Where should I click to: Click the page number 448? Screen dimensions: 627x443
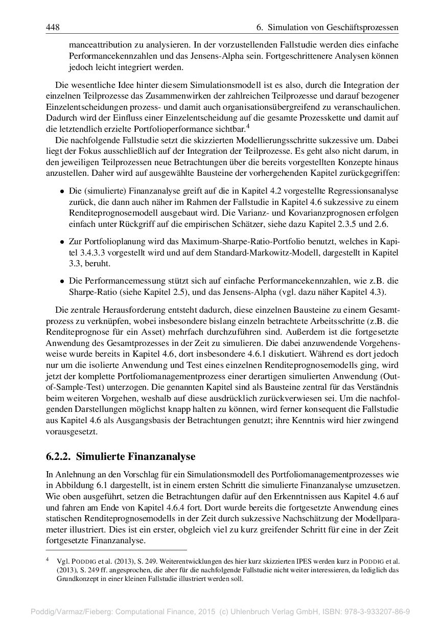(53, 27)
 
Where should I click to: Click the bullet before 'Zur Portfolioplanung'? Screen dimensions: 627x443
(62, 241)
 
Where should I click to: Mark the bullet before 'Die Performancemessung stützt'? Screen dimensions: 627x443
(62, 281)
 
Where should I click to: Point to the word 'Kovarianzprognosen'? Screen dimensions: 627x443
(328, 214)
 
